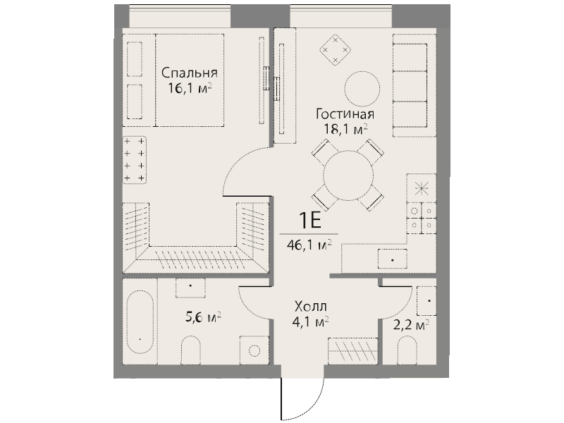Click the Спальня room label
[189, 73]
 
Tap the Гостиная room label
[345, 114]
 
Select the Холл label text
[311, 307]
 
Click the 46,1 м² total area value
[309, 245]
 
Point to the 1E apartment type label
[309, 221]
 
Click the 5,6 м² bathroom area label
[203, 317]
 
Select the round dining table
[348, 176]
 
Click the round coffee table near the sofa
[362, 89]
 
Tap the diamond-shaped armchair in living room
[336, 50]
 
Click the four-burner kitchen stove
[422, 218]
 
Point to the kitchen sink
[392, 259]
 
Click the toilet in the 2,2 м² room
[407, 350]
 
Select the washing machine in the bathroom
[254, 350]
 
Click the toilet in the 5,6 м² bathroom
[190, 350]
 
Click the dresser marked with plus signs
[135, 160]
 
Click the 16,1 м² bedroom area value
[189, 88]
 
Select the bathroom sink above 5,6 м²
[190, 288]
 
